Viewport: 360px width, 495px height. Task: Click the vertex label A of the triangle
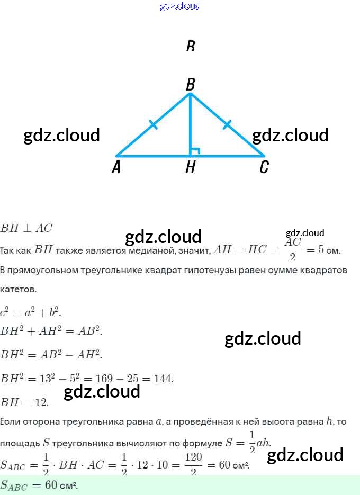(116, 168)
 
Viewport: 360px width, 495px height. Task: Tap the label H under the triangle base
(191, 168)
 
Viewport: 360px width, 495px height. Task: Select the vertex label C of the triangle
(264, 168)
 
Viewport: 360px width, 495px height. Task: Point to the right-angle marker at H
(194, 151)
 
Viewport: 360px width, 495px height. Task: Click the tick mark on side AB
(153, 125)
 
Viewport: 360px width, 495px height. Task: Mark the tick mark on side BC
(227, 125)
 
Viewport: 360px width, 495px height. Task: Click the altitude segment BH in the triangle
(190, 127)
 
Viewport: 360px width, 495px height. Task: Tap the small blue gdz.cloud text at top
(180, 6)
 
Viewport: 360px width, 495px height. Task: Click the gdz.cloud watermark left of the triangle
(62, 135)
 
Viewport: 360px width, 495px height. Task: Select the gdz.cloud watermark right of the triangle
(290, 135)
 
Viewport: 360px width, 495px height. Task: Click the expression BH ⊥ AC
(26, 228)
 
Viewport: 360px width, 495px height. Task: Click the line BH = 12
(24, 402)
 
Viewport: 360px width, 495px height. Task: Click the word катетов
(19, 290)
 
